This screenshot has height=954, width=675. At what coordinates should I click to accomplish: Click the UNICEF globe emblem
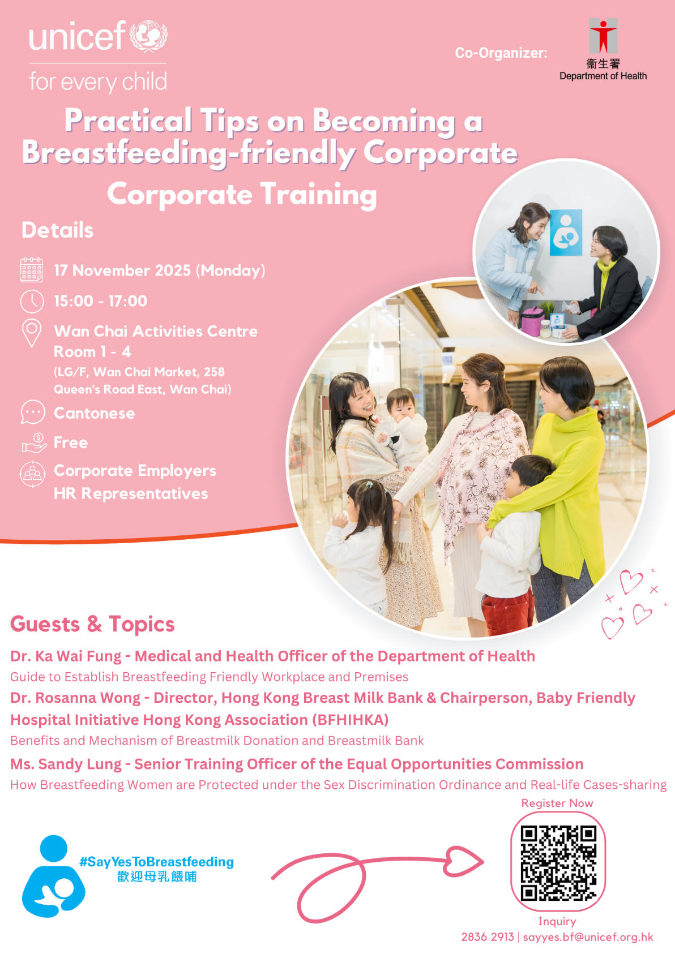coord(149,36)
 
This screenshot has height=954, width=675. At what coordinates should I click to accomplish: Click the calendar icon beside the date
coord(32,269)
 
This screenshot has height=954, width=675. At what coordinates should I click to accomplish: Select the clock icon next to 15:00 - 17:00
coord(32,302)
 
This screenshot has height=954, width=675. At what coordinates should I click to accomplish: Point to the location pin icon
coord(32,333)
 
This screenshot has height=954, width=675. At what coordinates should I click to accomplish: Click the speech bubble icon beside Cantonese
coord(33,412)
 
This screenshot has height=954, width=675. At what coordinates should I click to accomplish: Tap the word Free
coord(71,442)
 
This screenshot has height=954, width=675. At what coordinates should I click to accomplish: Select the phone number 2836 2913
coord(488,938)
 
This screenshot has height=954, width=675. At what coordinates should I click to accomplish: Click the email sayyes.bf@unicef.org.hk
coord(588,938)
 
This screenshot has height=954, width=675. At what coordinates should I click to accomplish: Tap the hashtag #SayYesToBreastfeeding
coord(156,862)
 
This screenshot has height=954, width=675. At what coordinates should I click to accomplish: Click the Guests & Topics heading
coord(92,624)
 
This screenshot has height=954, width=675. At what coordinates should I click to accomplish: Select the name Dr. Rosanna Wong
coord(75,698)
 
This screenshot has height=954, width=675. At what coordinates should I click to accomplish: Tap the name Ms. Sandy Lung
coord(66,764)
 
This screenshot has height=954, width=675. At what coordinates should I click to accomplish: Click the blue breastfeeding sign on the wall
coord(566,232)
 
